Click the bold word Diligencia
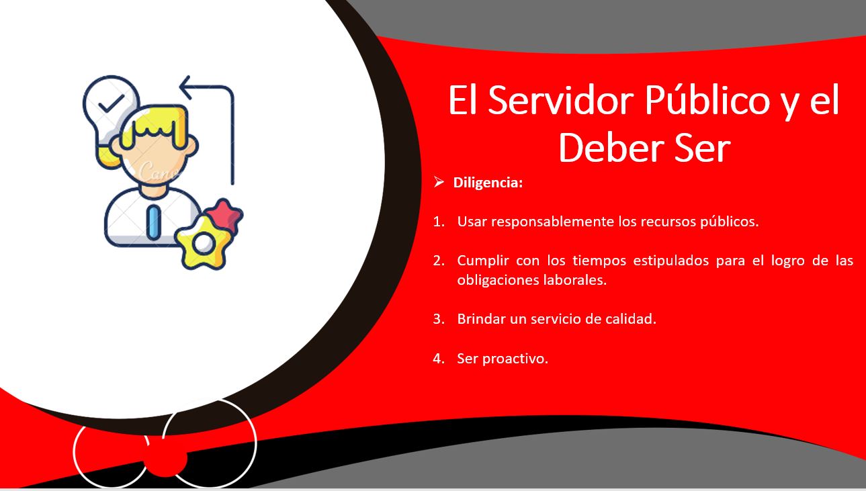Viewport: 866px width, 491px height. pyautogui.click(x=488, y=183)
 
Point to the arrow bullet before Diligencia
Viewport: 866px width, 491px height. pyautogui.click(x=439, y=182)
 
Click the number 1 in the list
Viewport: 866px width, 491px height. pyautogui.click(x=438, y=222)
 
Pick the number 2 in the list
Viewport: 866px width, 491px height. pyautogui.click(x=438, y=261)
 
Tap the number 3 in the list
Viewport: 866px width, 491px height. pyautogui.click(x=438, y=319)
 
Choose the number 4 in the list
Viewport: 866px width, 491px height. pyautogui.click(x=438, y=359)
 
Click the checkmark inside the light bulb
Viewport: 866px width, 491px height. pyautogui.click(x=111, y=102)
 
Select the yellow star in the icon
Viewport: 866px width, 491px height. pyautogui.click(x=202, y=241)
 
